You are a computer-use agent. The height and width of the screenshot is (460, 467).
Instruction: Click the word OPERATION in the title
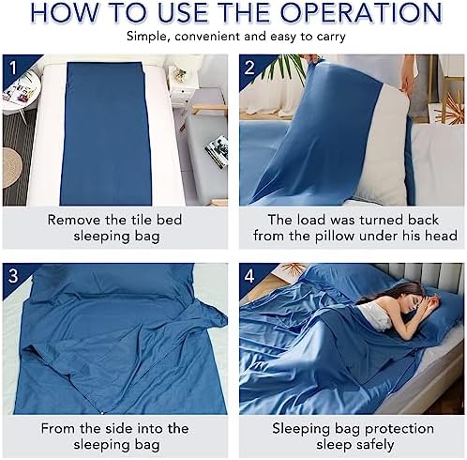click(361, 12)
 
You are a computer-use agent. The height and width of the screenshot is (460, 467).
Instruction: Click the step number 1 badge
click(13, 68)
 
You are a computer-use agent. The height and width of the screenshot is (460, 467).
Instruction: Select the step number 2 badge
click(249, 68)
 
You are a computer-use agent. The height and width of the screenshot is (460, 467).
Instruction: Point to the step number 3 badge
click(13, 276)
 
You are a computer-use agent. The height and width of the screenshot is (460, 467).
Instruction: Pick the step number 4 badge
click(249, 276)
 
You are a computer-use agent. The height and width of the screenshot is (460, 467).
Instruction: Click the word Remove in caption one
click(74, 220)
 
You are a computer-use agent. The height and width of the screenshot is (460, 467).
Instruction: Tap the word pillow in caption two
click(335, 236)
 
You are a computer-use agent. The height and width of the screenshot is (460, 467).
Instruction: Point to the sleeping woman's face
click(418, 301)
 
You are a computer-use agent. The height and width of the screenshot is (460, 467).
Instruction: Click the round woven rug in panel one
click(12, 168)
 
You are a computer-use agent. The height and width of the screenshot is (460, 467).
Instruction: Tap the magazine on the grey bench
click(217, 151)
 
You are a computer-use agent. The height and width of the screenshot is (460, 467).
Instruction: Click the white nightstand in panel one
click(182, 87)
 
